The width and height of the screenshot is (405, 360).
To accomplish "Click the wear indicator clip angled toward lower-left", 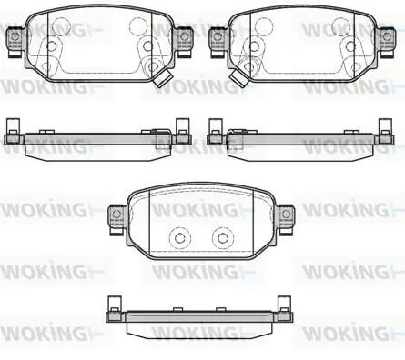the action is [239, 77].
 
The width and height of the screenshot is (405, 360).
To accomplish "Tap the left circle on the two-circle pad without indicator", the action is [180, 237].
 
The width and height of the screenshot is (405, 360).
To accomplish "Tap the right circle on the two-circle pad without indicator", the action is [223, 237].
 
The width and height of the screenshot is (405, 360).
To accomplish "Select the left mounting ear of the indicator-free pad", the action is [116, 219].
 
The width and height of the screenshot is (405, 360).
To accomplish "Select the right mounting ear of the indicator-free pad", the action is [287, 219].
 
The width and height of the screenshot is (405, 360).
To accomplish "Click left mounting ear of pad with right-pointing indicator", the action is [15, 41].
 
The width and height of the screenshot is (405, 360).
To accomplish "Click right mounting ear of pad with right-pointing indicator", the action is [185, 41].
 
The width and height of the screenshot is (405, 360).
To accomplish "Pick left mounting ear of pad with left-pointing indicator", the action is [218, 41].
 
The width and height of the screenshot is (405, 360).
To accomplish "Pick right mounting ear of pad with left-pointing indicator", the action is [387, 41].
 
